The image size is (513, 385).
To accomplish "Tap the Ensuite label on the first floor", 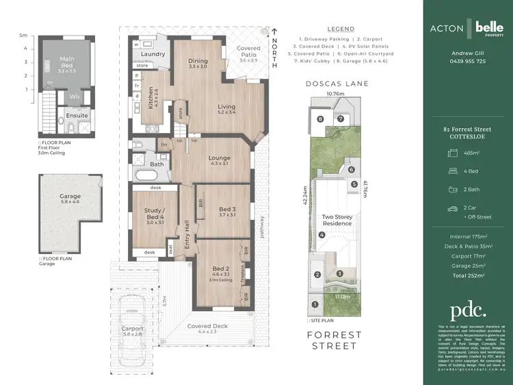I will pos(77,116).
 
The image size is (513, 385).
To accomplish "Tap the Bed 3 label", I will pos(228,211).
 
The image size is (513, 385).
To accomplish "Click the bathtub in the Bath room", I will pos(146,176).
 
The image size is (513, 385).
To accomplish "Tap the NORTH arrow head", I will pos(275,31).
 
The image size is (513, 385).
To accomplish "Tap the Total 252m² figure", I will pos(469,275).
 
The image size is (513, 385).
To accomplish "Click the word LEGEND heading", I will pos(341,29).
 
